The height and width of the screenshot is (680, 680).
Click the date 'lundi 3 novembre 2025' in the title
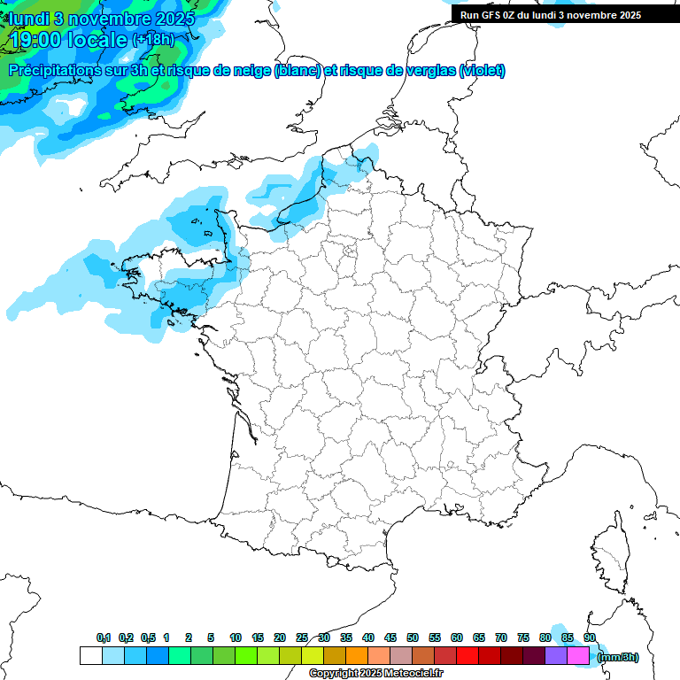point(102,18)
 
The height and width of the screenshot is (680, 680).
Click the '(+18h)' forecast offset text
point(153,40)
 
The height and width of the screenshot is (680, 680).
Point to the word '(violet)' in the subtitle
point(483,71)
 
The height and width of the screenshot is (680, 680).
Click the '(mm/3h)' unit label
point(618,657)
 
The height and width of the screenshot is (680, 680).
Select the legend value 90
point(590,637)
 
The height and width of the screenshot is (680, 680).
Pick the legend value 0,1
point(104,637)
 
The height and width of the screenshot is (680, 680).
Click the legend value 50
point(413,637)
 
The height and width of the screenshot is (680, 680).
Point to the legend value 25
point(302,637)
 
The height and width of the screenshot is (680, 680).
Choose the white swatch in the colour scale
point(90,656)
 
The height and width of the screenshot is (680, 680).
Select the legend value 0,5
point(148,637)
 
